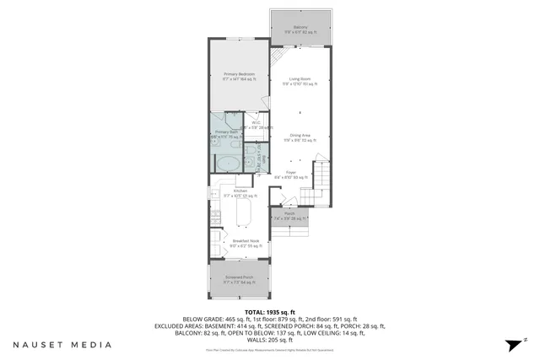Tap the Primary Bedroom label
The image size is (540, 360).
(x=240, y=75)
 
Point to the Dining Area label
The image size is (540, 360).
(x=300, y=137)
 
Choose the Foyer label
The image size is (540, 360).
(x=290, y=175)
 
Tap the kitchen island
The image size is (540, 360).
(x=246, y=216)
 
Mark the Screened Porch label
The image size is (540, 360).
(x=240, y=277)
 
